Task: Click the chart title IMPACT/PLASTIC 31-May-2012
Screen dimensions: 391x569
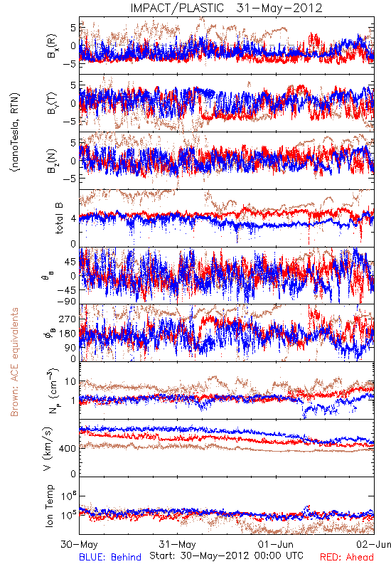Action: point(226,8)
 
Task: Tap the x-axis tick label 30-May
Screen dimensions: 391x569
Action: point(79,544)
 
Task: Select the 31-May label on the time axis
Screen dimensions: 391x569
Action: point(177,544)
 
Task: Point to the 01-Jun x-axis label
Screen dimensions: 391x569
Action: point(276,544)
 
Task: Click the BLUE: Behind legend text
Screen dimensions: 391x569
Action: point(110,557)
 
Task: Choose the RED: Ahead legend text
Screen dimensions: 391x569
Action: point(347,557)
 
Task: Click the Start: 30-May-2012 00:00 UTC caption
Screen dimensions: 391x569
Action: point(226,555)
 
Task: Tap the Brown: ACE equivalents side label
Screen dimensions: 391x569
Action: point(14,362)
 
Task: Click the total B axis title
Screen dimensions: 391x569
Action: point(59,218)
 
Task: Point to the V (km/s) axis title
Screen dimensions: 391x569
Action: point(48,449)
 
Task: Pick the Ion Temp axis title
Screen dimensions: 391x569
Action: point(49,506)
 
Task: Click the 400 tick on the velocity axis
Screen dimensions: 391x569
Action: point(68,449)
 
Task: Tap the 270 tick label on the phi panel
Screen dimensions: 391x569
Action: point(68,319)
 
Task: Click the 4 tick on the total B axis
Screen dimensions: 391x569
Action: point(74,219)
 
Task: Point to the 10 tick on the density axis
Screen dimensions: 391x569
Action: point(70,382)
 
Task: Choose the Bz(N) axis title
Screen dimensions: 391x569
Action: point(52,161)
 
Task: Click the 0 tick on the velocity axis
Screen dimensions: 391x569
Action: point(74,474)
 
